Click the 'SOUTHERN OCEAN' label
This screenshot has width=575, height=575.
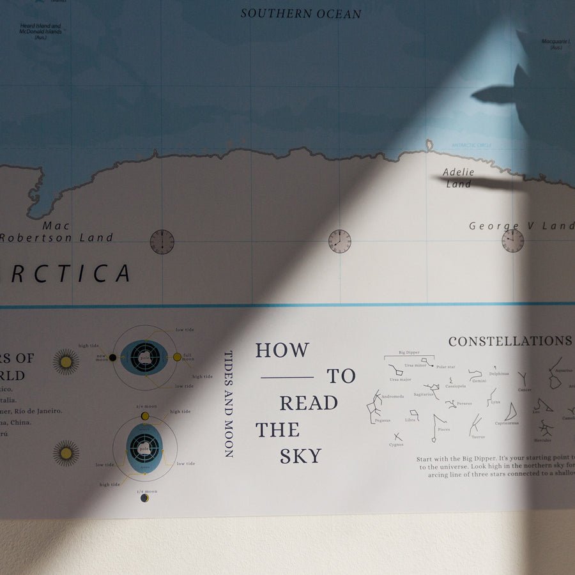[x=301, y=13]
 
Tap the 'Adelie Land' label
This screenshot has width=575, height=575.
[x=459, y=178]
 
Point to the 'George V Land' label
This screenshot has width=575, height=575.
[x=521, y=226]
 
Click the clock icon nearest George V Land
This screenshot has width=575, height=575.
[x=512, y=241]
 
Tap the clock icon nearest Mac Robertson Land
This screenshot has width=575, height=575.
[x=162, y=241]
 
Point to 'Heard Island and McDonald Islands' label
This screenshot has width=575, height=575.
[x=40, y=30]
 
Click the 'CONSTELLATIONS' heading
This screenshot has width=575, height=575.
[x=510, y=341]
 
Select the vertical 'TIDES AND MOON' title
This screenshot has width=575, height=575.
[x=228, y=404]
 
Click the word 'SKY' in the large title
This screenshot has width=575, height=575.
[x=300, y=456]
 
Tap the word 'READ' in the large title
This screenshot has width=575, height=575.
[x=309, y=403]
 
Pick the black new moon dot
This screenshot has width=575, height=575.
[x=112, y=357]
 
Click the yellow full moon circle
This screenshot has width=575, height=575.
[x=177, y=357]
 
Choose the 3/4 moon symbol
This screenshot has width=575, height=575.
[x=145, y=416]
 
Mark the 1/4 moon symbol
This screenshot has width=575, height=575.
[x=144, y=498]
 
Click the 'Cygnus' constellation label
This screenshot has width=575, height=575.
[x=396, y=445]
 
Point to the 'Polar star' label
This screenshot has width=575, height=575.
[x=445, y=367]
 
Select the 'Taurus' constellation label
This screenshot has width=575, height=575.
[x=478, y=437]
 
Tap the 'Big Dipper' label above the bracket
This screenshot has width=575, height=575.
[x=409, y=352]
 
